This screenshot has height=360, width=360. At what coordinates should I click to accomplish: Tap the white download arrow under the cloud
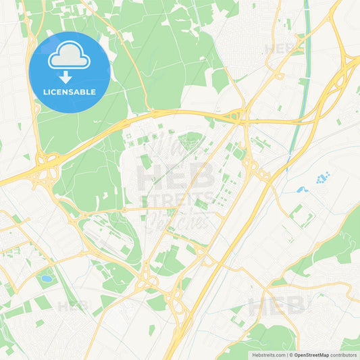tap(70, 76)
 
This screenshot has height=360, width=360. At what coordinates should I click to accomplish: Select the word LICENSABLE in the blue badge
tap(70, 91)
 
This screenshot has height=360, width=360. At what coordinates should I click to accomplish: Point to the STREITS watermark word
tap(180, 201)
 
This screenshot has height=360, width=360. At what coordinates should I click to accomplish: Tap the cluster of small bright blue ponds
tap(322, 178)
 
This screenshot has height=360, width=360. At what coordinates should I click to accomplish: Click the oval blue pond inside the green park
tap(46, 278)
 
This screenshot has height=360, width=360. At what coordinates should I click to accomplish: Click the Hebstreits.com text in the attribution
tap(266, 355)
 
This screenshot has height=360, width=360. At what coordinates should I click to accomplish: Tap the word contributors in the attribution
tap(348, 355)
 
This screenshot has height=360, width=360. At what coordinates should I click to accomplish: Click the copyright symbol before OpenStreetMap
tap(291, 355)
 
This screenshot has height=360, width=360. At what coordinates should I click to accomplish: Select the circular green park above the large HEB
tap(192, 140)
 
